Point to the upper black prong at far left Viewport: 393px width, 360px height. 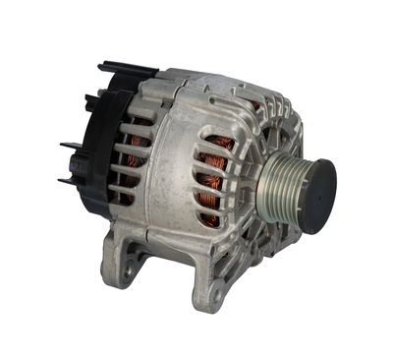[71, 147]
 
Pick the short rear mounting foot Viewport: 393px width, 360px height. [123, 258]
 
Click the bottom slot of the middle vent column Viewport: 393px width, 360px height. [207, 211]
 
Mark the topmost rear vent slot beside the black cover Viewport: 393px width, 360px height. [138, 122]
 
